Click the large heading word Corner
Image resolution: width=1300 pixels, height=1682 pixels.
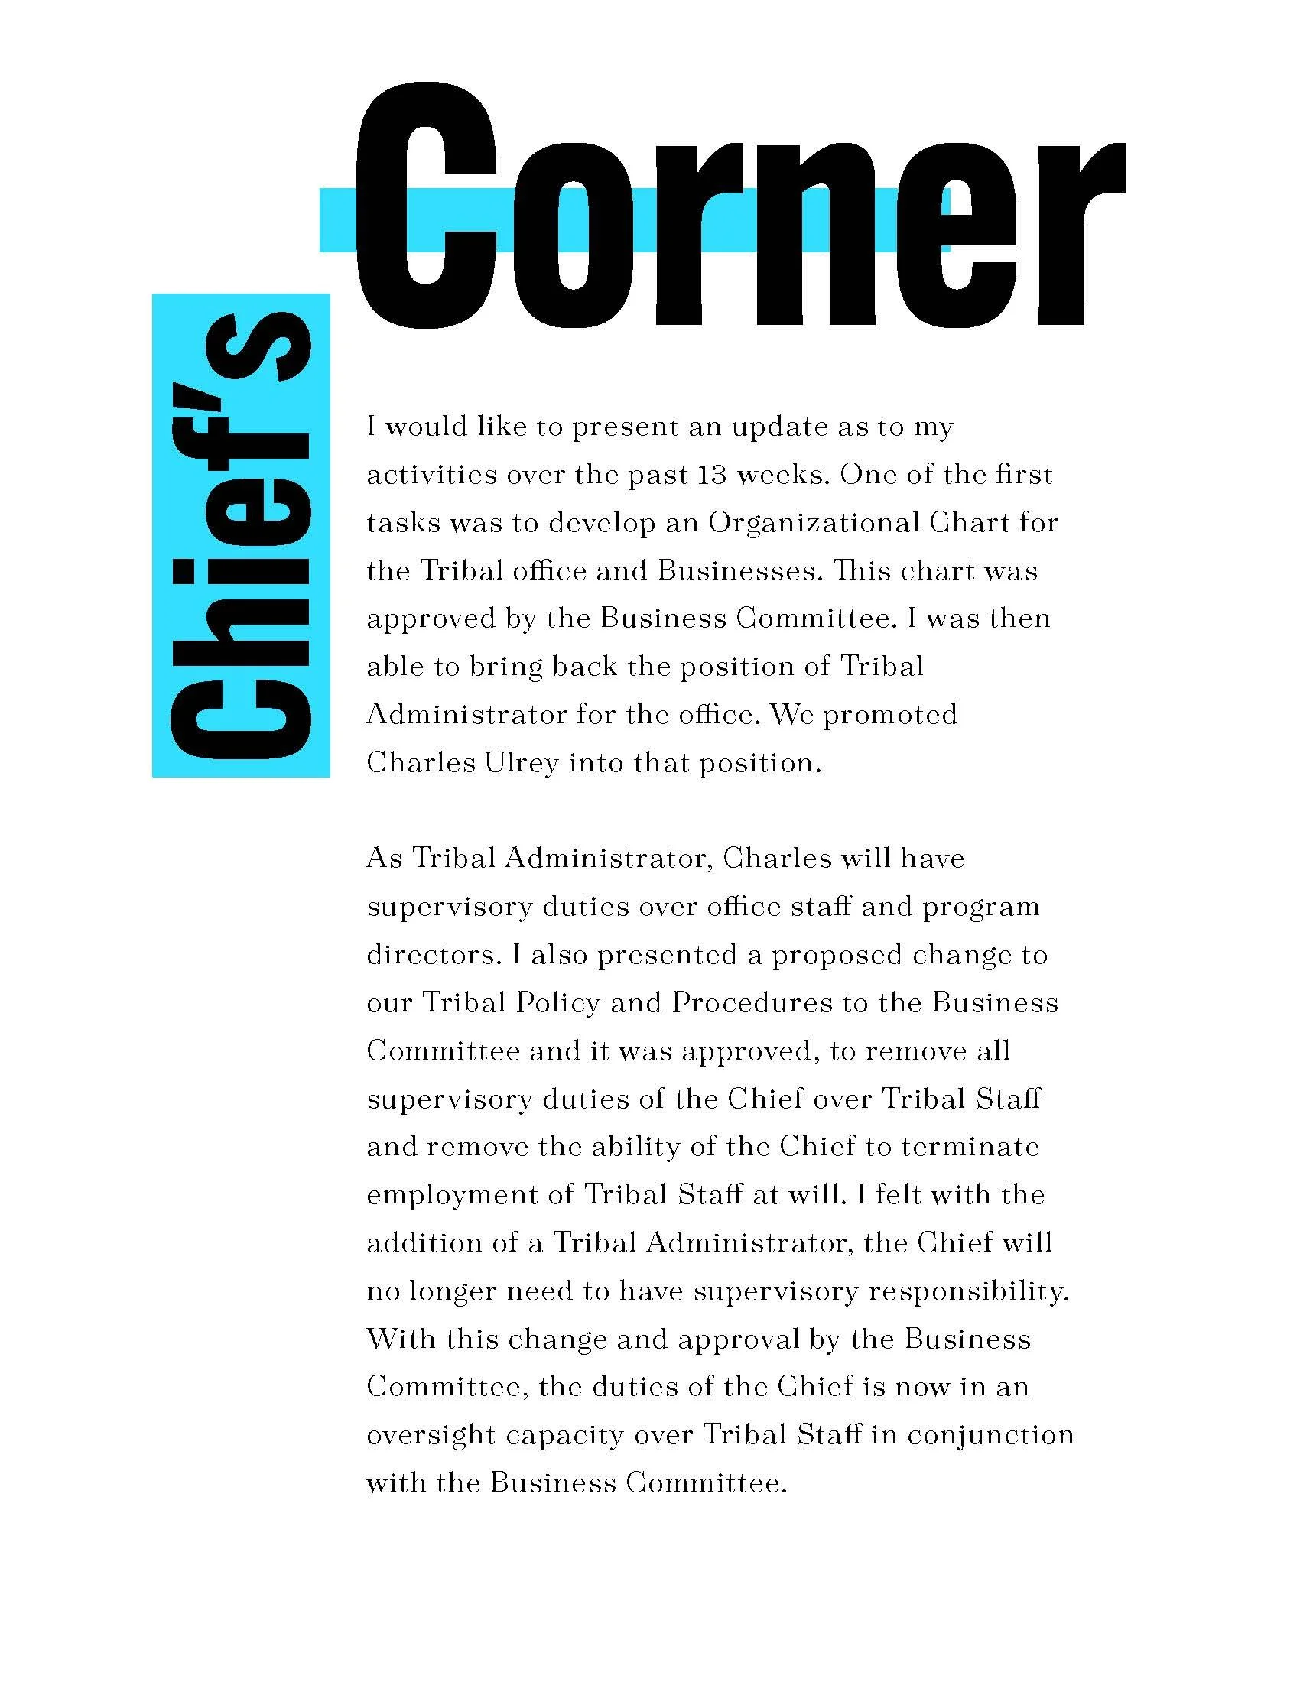[739, 208]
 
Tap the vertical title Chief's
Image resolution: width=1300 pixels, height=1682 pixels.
[241, 535]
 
